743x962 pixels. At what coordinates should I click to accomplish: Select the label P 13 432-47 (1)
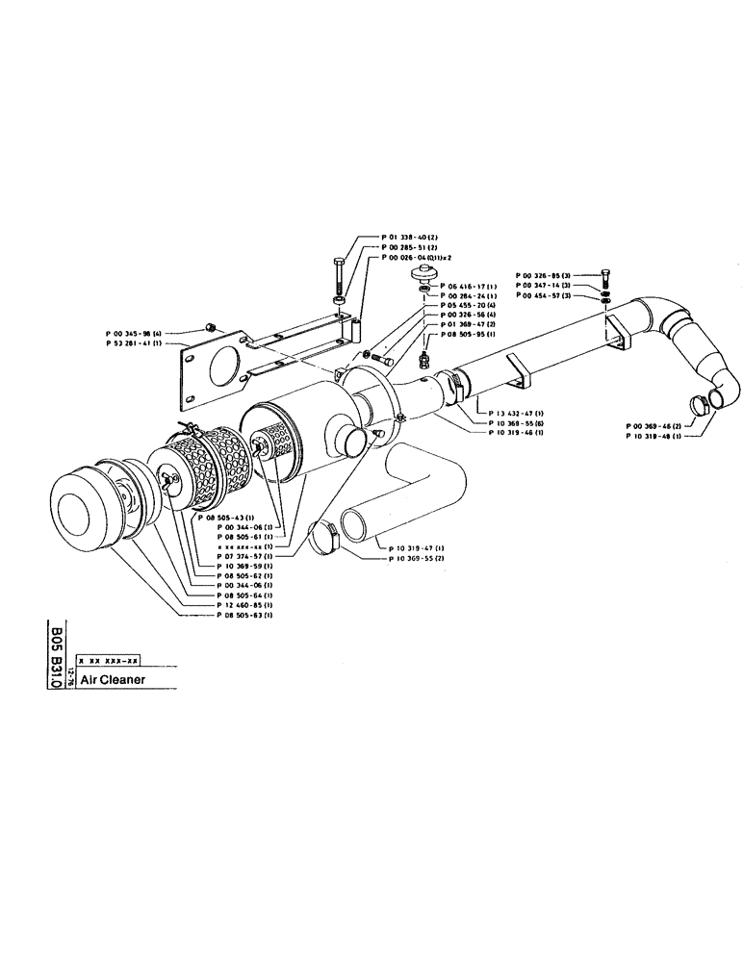pyautogui.click(x=516, y=412)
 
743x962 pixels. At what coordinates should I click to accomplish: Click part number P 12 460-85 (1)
pyautogui.click(x=244, y=603)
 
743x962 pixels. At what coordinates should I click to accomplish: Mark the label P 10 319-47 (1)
pyautogui.click(x=417, y=546)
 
